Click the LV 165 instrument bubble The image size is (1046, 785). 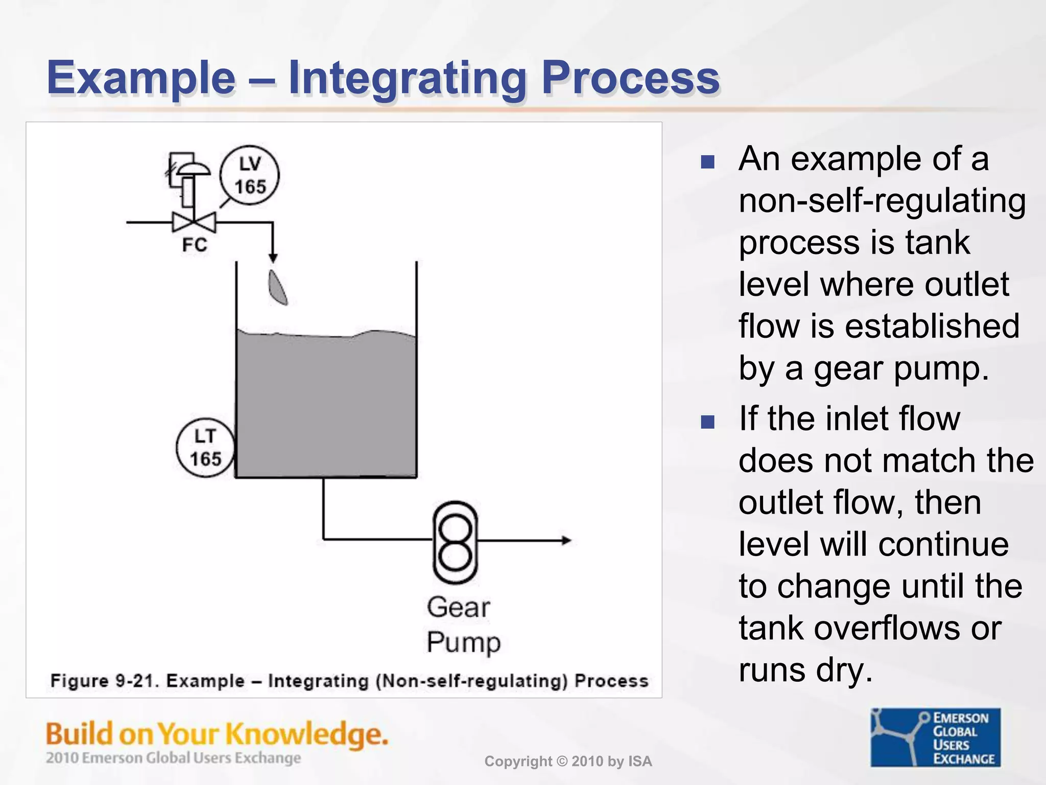(x=250, y=175)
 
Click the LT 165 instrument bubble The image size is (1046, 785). (x=205, y=448)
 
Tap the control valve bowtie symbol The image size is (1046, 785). (x=194, y=223)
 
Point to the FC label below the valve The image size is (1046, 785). (x=195, y=245)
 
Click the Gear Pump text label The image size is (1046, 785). (x=462, y=625)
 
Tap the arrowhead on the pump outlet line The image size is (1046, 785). (x=566, y=540)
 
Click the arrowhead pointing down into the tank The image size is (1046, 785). (x=273, y=257)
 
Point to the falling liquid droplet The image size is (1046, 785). (x=278, y=288)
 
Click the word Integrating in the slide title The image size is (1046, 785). (x=407, y=78)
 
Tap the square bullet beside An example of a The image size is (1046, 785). (x=707, y=163)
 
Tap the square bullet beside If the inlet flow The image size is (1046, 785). (x=707, y=422)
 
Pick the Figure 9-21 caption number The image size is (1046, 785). (x=137, y=681)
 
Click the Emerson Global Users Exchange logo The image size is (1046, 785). (x=935, y=737)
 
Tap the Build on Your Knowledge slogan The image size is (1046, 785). (x=217, y=734)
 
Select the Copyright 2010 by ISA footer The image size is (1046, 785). (x=568, y=761)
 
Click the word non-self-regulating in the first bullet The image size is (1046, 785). (x=882, y=201)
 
